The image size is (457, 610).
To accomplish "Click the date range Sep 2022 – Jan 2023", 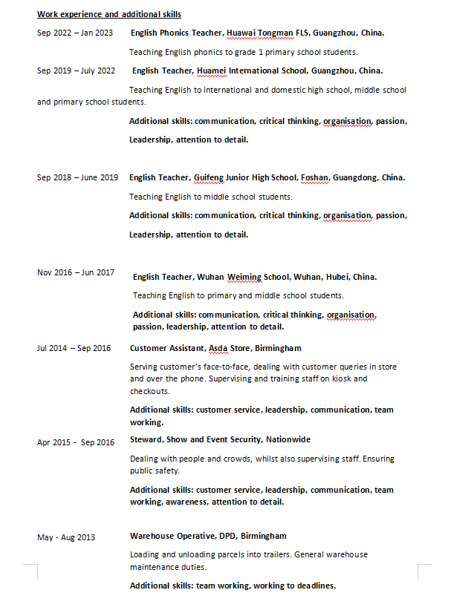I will pos(75,33).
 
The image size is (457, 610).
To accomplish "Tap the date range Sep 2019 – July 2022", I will pos(76,70).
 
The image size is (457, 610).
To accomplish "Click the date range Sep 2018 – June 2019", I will pos(77,177).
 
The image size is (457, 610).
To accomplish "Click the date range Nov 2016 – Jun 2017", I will pos(76,272).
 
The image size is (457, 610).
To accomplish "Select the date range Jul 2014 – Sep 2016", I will pos(74,348).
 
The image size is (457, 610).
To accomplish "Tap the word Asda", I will pos(218,348).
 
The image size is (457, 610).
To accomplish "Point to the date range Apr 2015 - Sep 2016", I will pos(76,442).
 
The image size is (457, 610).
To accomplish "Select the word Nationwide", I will pos(288,439).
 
